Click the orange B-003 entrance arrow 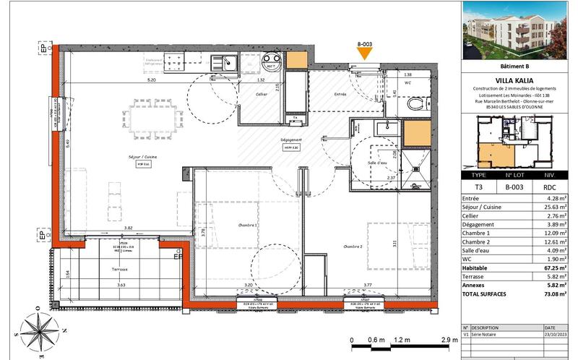tap(365, 54)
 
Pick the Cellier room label tap(262, 94)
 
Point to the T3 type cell tap(478, 185)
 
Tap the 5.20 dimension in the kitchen tap(151, 81)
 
